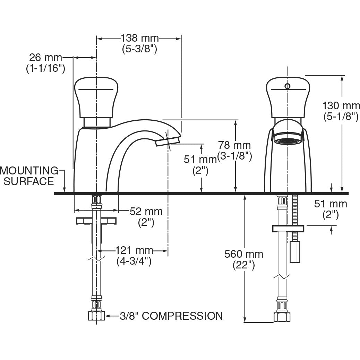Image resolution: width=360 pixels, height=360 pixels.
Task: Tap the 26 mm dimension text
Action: click(x=45, y=57)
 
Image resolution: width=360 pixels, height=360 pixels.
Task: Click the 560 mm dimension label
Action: click(x=244, y=254)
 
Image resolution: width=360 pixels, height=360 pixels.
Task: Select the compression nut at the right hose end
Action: click(x=282, y=316)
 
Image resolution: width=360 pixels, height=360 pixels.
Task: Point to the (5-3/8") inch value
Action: click(x=139, y=49)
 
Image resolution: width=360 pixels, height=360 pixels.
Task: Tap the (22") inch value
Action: click(x=244, y=265)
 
